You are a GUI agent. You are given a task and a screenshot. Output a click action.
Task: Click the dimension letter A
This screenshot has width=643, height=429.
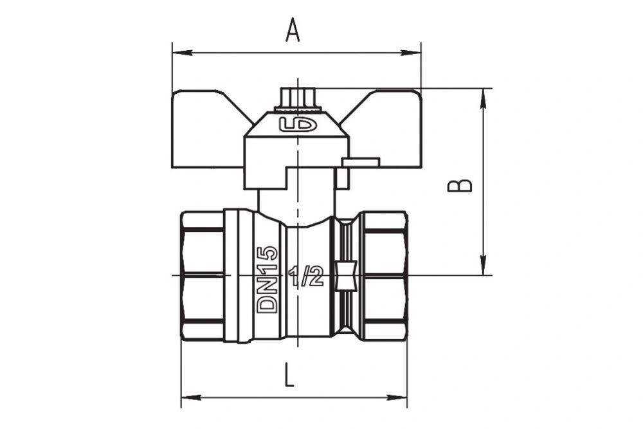[293, 30]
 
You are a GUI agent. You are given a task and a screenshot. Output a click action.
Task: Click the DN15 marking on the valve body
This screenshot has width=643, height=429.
[267, 279]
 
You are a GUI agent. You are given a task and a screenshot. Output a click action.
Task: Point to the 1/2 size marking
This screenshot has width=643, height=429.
[306, 277]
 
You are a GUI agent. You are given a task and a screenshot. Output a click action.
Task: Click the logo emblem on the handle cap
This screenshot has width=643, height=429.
[298, 124]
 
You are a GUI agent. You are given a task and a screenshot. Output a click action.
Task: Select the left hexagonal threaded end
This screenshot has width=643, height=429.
[202, 276]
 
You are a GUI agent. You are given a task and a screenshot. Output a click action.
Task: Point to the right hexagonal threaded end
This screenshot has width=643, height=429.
[385, 276]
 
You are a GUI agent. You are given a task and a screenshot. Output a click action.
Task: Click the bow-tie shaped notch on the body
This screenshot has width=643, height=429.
[347, 277]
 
